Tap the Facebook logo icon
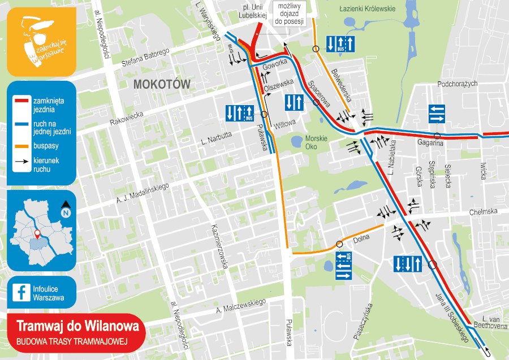22,292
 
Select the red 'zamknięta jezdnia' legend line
22,100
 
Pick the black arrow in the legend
22,161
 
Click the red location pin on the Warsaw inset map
37,233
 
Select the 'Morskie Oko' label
317,142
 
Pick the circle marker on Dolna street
339,244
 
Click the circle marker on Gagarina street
437,136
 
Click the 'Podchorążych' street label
458,84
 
